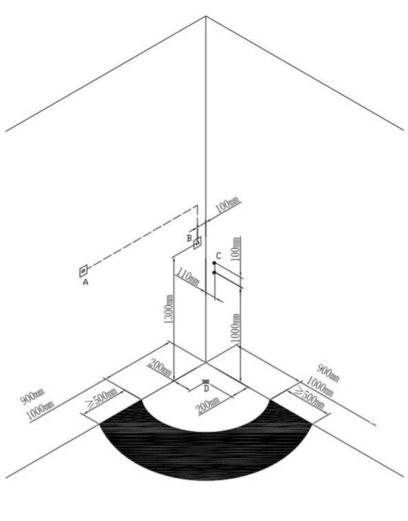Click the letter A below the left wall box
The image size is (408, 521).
86,282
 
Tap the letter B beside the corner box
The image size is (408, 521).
189,238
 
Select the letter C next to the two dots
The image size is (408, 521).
218,256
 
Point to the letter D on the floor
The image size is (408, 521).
206,388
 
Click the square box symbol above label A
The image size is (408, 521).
83,271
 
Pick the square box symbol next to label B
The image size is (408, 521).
198,243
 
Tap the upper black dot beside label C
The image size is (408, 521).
214,263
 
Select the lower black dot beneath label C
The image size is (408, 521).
214,273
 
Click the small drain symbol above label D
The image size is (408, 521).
205,382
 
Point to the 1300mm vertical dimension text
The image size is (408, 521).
169,309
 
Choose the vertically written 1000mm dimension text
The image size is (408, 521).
235,328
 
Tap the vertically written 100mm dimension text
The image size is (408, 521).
236,248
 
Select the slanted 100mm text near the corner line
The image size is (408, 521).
228,205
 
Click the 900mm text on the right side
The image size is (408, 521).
328,373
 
